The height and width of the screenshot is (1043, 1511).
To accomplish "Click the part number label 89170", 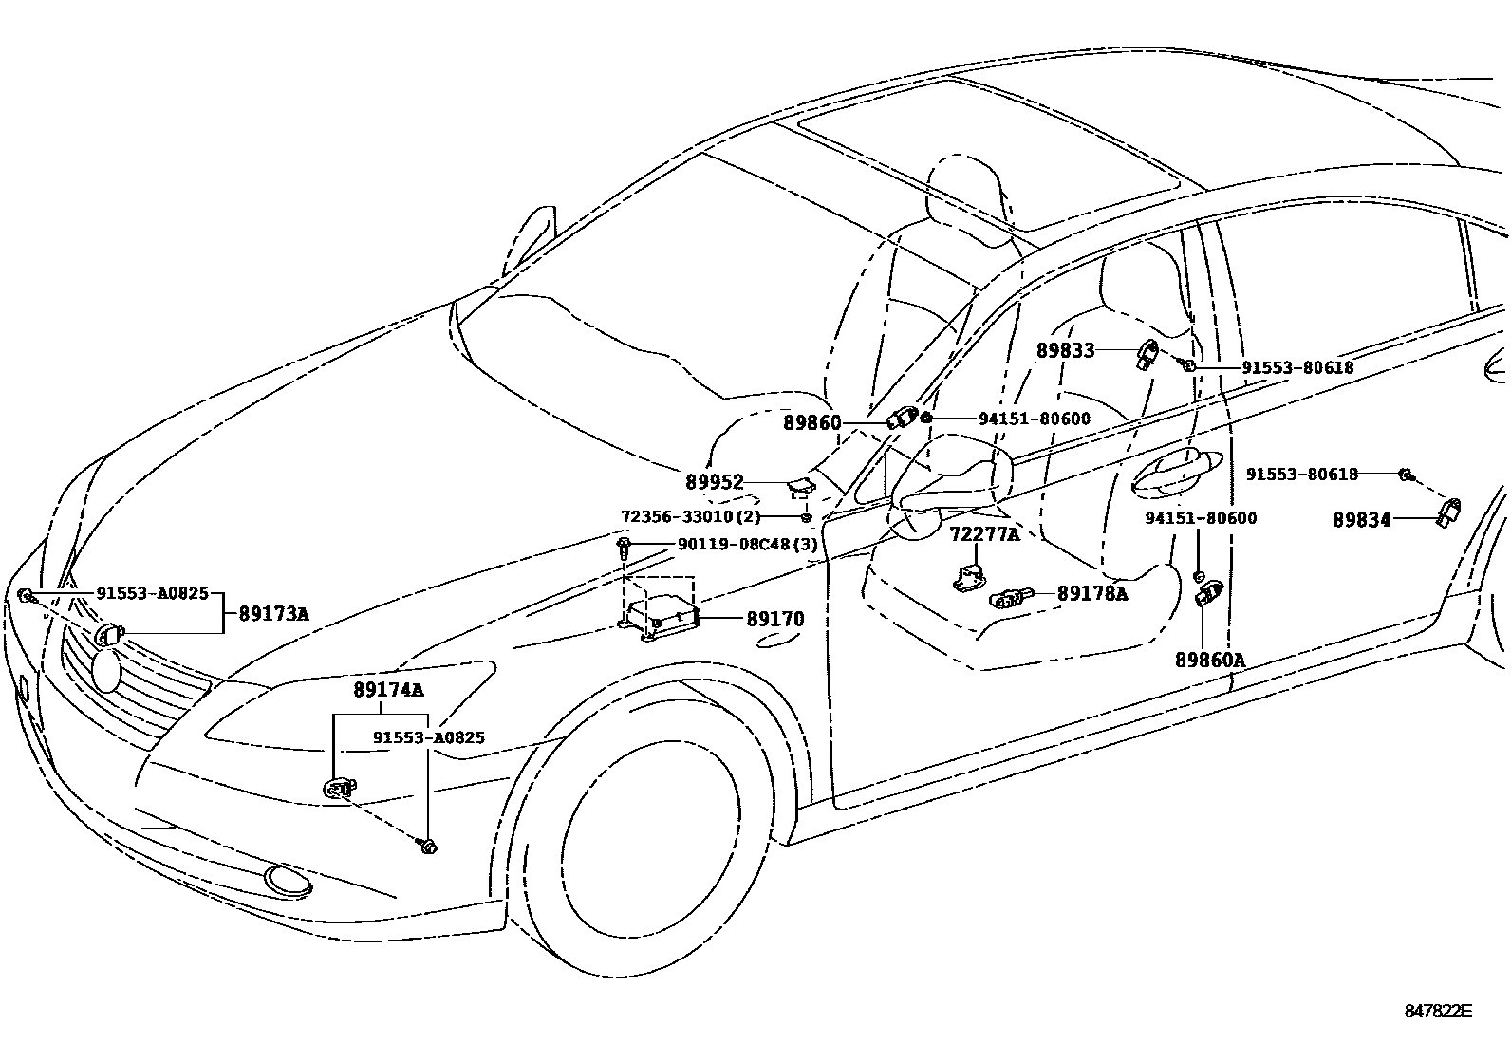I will click(x=774, y=620).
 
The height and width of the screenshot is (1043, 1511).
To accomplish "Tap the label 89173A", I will click(x=273, y=614).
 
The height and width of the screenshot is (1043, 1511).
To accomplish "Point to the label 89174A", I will click(x=389, y=690).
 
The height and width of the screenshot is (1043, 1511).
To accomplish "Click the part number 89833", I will click(x=1065, y=350).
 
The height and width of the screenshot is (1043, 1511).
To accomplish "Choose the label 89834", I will click(x=1361, y=520).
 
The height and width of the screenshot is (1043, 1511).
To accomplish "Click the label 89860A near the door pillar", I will click(x=1209, y=661).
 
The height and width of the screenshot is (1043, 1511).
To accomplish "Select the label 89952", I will click(x=715, y=482).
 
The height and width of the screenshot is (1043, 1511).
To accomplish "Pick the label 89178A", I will click(x=1092, y=594).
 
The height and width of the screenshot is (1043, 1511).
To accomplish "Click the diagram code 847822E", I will click(x=1437, y=1011).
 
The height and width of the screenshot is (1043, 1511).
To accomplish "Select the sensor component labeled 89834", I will click(x=1449, y=513).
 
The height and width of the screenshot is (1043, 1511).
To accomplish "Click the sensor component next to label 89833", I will click(x=1147, y=355).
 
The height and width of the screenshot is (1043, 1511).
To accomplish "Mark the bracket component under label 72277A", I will click(x=968, y=576).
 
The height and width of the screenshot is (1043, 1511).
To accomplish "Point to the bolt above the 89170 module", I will click(x=625, y=546).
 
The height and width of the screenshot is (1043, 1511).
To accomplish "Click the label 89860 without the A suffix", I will click(x=811, y=422).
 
